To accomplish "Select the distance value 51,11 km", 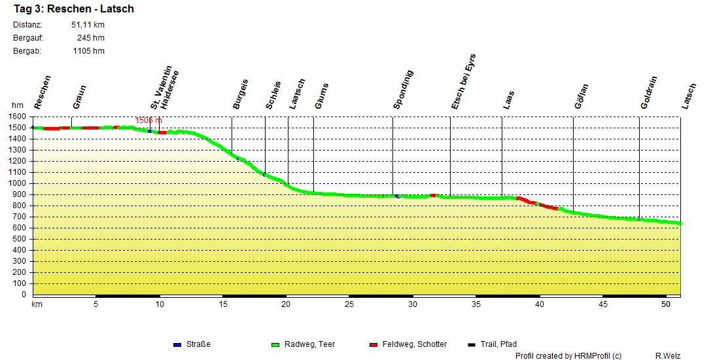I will point(88,25).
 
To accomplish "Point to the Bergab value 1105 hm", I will point(88,51).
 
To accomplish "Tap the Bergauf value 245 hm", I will point(90,38).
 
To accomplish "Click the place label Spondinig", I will point(404,89).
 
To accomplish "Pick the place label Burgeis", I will point(241,94).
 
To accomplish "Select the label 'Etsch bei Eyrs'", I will point(464,81).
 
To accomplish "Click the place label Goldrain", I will point(649,92).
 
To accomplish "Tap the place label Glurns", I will point(322,96).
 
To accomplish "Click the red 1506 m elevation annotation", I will point(148,120).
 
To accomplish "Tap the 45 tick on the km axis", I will point(602,304).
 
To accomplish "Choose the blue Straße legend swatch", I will point(177,344).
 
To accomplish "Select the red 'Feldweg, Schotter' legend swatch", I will point(374,344).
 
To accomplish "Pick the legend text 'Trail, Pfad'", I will point(498,344).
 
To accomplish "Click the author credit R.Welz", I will point(667,355).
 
